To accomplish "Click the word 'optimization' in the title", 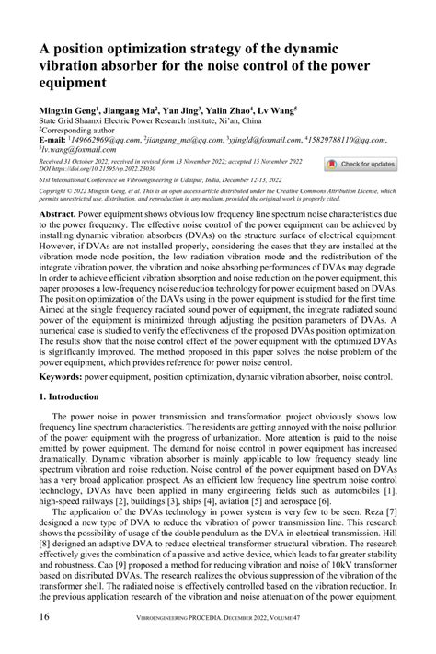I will click(130, 49).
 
